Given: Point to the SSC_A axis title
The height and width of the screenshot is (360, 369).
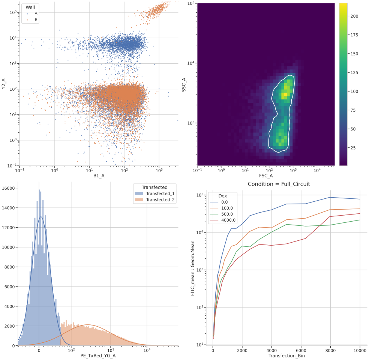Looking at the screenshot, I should coord(184,84).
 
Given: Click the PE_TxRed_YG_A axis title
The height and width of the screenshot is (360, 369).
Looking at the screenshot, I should coord(98,355).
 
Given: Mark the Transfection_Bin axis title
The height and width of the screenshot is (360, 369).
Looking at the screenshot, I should coord(286,355).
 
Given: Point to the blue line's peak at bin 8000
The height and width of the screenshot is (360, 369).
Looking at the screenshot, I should coord(330,197).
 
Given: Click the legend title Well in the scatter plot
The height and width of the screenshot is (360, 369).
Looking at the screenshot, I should coord(30,7).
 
